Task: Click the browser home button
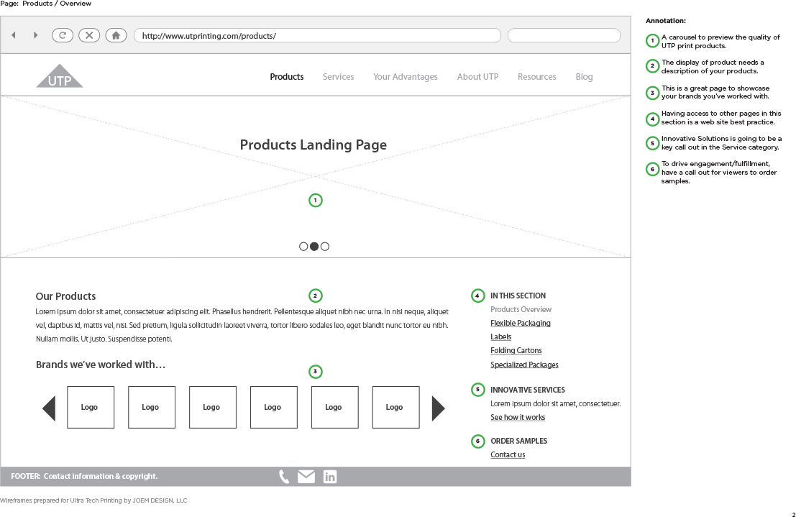(x=116, y=35)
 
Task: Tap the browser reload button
(x=63, y=35)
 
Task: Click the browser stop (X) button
(x=89, y=35)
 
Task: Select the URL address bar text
(x=209, y=36)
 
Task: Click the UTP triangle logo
(x=60, y=76)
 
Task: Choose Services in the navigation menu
(x=338, y=77)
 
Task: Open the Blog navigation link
(x=584, y=77)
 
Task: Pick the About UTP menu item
(x=477, y=77)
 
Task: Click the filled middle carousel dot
(x=314, y=247)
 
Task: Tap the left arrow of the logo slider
(x=49, y=408)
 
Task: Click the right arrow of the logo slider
(x=438, y=408)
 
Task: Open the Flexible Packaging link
(x=521, y=323)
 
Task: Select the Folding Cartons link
(x=516, y=350)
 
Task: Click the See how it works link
(x=518, y=418)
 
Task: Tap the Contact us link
(x=508, y=454)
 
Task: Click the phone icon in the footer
(x=284, y=476)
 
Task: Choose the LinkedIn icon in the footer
(x=330, y=476)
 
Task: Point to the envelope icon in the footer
(x=306, y=476)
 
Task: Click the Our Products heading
(x=65, y=296)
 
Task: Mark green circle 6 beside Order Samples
(x=477, y=441)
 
